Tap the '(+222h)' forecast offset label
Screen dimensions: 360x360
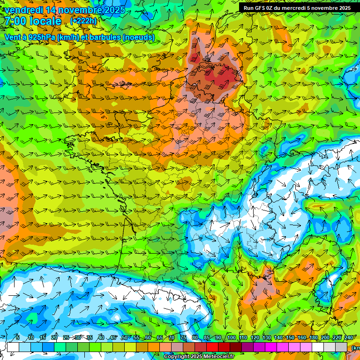83,21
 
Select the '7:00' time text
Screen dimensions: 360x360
15,21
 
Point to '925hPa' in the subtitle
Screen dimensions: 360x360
39,37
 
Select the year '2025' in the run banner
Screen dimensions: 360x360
343,8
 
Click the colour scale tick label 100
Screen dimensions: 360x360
231,338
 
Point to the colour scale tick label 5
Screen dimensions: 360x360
18,338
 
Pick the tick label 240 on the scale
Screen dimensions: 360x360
349,338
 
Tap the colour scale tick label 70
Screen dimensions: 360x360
172,338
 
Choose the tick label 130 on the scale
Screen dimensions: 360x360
267,338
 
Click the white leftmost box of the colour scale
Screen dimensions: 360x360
13,347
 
